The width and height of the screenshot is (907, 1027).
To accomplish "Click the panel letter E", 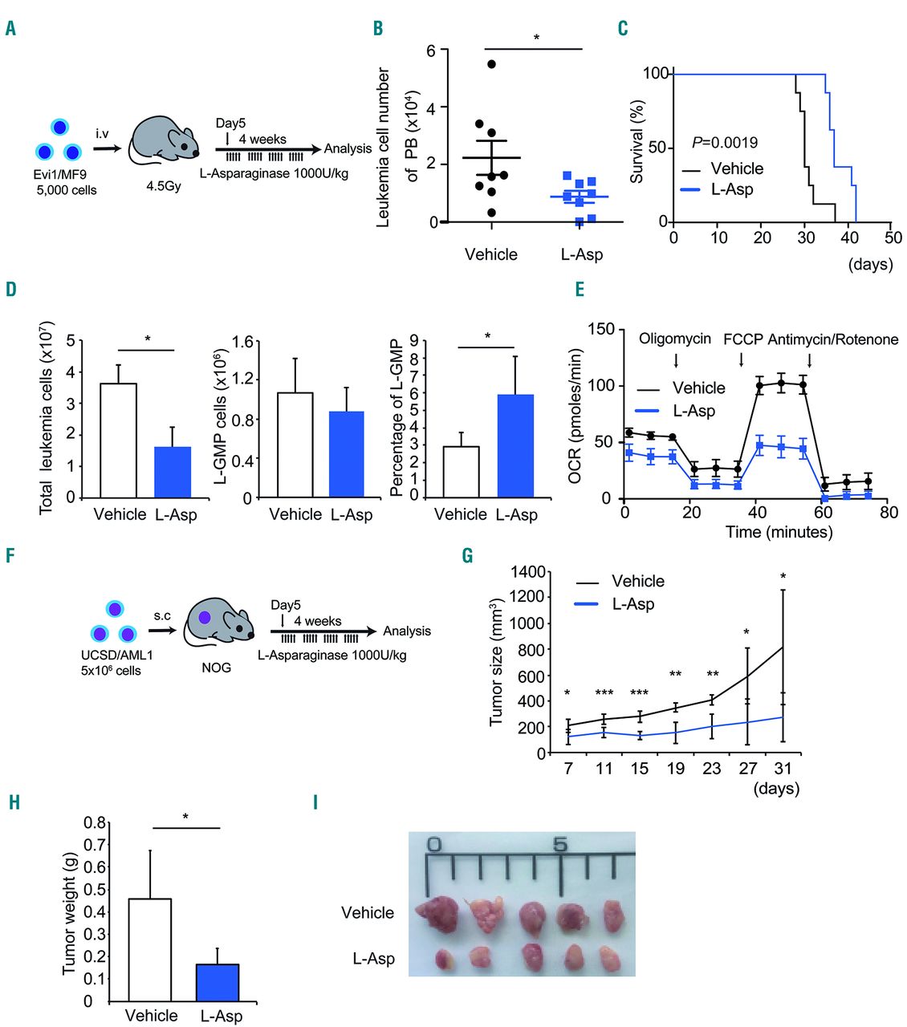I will (580, 290).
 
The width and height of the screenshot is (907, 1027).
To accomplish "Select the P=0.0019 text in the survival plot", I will (724, 143).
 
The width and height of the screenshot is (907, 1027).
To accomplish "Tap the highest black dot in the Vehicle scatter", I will (491, 64).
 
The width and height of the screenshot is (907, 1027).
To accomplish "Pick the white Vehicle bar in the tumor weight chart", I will (150, 949).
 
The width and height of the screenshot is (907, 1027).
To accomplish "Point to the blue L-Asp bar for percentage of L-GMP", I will (515, 445).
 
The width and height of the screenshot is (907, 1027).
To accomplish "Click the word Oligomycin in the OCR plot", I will (674, 339).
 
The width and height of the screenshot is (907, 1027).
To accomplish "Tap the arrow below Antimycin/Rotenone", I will (809, 359).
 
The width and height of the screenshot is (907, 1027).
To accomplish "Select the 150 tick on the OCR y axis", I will (601, 329).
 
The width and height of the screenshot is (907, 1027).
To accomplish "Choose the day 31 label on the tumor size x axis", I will (783, 769).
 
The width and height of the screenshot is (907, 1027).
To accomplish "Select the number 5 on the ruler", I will (560, 845).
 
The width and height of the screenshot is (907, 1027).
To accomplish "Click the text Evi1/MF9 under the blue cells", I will (61, 174).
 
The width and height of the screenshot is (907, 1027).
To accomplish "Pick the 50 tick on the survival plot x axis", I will (893, 237).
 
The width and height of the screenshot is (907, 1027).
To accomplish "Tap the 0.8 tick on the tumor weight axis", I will (96, 822).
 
